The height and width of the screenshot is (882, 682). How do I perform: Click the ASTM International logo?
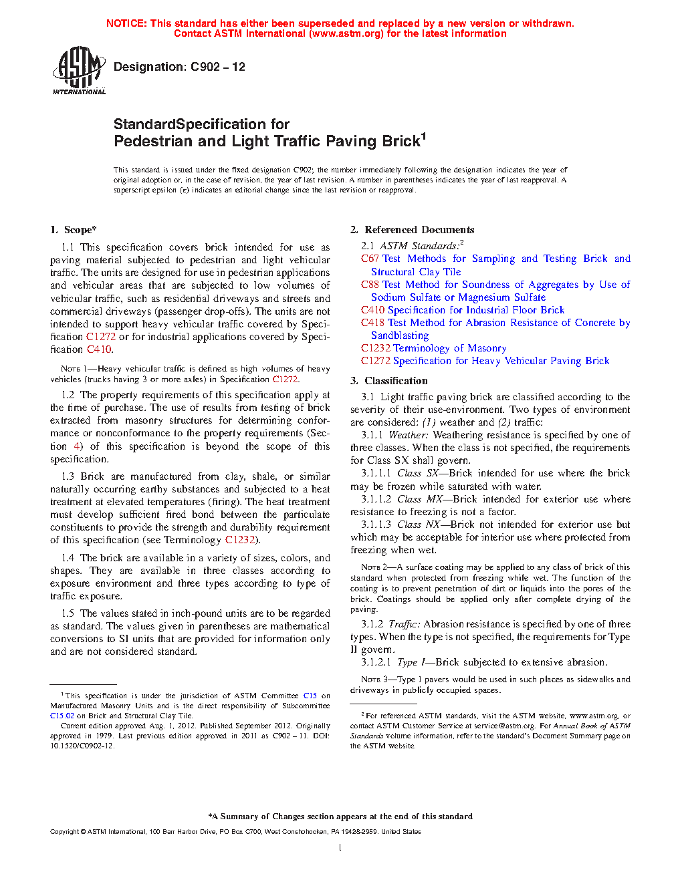(78, 70)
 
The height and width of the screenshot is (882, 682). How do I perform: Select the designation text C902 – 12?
(218, 67)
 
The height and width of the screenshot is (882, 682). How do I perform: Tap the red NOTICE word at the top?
(126, 23)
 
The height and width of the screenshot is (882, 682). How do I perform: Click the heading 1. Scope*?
(74, 230)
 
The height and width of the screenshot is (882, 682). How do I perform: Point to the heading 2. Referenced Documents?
(413, 230)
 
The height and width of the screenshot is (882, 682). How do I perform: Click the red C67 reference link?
(370, 259)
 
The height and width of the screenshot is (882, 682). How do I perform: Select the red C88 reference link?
(370, 285)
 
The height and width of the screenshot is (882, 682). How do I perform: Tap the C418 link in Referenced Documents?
(372, 323)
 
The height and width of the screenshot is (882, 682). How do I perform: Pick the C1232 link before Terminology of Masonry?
(375, 348)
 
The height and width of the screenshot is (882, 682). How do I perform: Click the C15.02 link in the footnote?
(62, 716)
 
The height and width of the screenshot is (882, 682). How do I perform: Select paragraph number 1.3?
(68, 476)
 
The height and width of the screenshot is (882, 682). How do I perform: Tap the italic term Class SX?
(418, 473)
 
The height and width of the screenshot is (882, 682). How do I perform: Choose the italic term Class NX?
(419, 525)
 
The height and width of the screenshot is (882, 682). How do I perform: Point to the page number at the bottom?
(340, 848)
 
